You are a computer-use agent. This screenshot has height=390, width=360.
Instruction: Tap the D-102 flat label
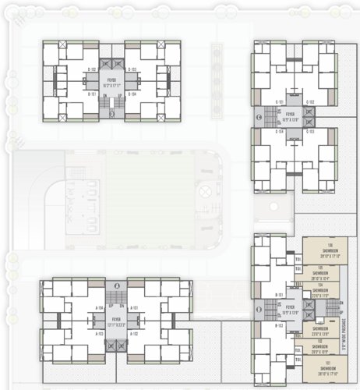pos(91,69)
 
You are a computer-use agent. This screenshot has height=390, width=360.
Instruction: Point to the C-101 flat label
pos(279,102)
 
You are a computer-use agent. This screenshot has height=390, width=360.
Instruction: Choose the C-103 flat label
pos(309,132)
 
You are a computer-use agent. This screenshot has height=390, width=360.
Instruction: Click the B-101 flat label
pos(279,295)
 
